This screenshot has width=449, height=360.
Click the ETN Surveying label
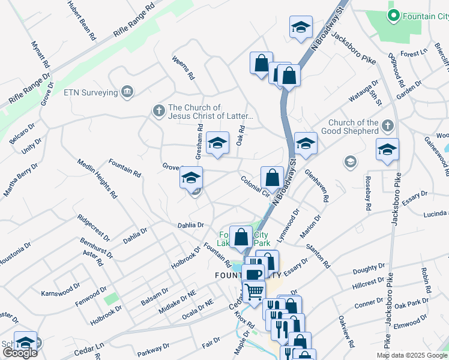click(90, 92)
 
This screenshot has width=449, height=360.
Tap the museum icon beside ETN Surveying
click(127, 91)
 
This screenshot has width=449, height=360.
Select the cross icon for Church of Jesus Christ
click(158, 110)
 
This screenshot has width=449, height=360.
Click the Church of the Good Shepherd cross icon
click(388, 126)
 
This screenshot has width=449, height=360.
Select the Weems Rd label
click(184, 68)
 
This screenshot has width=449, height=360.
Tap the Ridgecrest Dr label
click(95, 223)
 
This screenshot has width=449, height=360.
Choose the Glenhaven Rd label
click(318, 185)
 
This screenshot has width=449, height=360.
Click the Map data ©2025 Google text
click(412, 355)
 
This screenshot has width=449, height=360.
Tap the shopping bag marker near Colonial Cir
click(272, 178)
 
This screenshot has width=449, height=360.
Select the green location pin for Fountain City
click(394, 16)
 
